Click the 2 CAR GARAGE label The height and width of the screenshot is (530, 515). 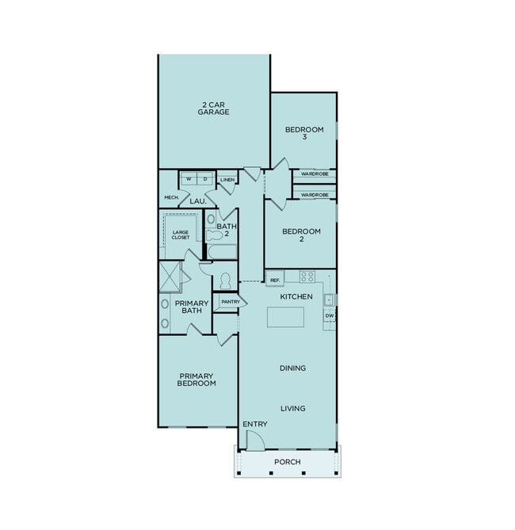214,108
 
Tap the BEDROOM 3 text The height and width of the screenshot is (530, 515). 304,133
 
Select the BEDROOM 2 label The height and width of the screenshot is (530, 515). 302,235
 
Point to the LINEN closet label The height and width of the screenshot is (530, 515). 227,180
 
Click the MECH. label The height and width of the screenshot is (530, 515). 170,197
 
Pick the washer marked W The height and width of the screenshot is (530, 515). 189,180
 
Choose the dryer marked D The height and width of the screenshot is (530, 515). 205,180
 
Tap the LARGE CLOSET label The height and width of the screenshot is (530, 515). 181,234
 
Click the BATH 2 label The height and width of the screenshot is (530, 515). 223,231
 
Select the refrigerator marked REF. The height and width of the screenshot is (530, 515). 275,280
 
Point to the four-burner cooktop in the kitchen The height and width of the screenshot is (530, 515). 307,276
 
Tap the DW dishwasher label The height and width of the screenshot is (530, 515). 330,316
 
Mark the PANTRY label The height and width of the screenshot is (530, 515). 231,302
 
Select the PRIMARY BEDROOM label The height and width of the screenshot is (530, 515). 197,379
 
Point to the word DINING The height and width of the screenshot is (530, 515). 292,368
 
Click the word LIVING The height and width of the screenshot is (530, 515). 292,409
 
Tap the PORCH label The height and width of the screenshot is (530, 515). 287,462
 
